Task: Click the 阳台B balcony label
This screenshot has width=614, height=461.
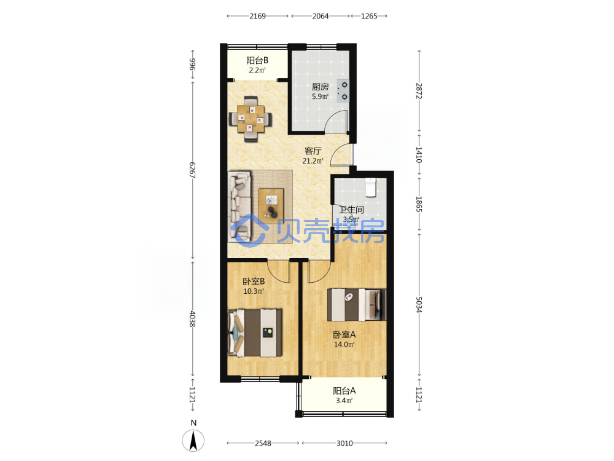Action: point(257,60)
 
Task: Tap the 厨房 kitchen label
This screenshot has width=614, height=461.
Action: point(320,87)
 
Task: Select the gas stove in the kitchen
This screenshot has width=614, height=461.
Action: point(343,91)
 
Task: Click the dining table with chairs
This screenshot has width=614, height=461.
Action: point(251,119)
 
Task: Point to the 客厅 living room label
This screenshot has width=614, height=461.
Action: point(313,151)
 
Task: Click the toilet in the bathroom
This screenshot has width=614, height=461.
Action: point(370,187)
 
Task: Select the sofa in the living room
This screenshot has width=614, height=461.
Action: point(239,206)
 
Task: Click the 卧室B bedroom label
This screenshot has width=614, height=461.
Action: point(254,282)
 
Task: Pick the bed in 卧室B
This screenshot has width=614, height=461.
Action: point(255,333)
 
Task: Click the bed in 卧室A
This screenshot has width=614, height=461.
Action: point(356,305)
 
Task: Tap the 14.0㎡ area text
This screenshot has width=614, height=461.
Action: point(344,345)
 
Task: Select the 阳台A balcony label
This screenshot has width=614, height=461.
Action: point(344,391)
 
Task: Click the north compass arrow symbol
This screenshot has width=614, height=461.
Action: point(193,440)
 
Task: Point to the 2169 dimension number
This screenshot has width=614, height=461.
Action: point(258,16)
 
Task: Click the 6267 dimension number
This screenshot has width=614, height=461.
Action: point(192,170)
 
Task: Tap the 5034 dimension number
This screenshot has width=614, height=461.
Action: point(419,305)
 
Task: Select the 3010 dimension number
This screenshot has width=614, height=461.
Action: point(344,443)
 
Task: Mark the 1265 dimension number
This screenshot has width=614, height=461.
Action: point(369,16)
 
